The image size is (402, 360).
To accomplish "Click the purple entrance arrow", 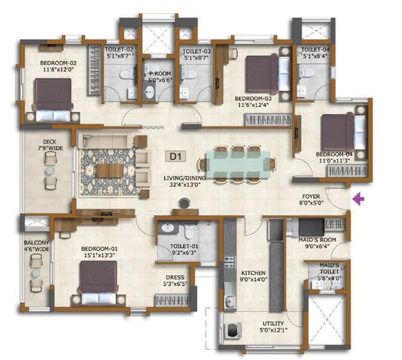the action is tap(358, 199).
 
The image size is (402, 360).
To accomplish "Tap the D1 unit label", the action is tap(176, 156).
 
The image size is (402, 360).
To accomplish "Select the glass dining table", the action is tap(238, 165).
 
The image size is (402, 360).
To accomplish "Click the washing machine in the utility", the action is tap(233, 330).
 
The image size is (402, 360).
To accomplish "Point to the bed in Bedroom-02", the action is tap(53, 100).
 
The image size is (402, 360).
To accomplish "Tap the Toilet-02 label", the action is tap(119, 49).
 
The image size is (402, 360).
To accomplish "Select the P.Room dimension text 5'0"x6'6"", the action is tap(161, 80).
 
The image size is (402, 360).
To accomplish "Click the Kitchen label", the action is tap(252, 273).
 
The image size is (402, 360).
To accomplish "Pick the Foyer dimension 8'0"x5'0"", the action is tap(311, 203).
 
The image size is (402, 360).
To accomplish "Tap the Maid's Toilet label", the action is tap(329, 268).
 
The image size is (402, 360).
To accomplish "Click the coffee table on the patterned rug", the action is tap(110, 171).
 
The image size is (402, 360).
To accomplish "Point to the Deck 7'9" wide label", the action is tap(53, 145).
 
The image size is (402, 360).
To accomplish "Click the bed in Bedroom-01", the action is tap(98, 283).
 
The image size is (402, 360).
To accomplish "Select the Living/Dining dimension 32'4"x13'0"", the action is tap(185, 184).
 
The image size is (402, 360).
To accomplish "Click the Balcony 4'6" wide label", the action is tap(36, 246).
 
